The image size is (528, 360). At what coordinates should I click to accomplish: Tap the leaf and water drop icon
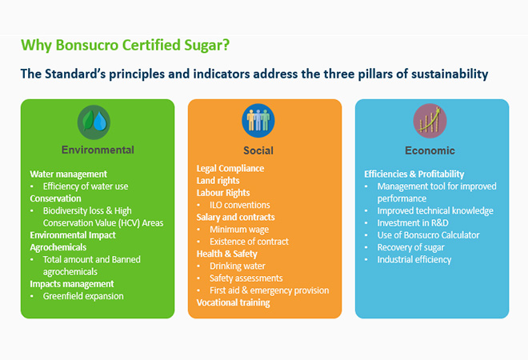94,122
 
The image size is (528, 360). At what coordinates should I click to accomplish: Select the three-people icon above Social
258,121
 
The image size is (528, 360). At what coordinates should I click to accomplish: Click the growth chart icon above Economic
430,121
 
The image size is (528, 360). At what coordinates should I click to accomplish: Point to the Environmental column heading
98,150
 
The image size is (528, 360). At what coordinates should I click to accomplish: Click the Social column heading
258,150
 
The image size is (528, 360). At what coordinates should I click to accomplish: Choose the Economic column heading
430,150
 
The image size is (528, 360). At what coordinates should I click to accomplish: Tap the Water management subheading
68,174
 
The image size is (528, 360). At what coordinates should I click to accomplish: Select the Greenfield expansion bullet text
83,296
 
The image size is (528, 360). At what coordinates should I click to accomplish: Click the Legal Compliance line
230,168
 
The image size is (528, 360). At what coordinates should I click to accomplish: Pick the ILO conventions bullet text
240,205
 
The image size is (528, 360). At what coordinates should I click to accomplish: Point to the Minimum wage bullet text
239,230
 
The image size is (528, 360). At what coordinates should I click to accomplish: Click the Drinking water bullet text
238,266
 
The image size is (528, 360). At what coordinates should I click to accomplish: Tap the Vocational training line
234,302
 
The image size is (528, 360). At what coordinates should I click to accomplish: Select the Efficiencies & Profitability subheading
414,174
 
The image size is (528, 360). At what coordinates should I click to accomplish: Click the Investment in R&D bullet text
413,223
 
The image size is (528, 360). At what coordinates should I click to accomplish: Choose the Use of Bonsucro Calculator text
428,235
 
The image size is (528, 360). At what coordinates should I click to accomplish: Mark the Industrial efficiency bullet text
414,260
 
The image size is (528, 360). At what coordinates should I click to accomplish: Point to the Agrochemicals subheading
58,247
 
